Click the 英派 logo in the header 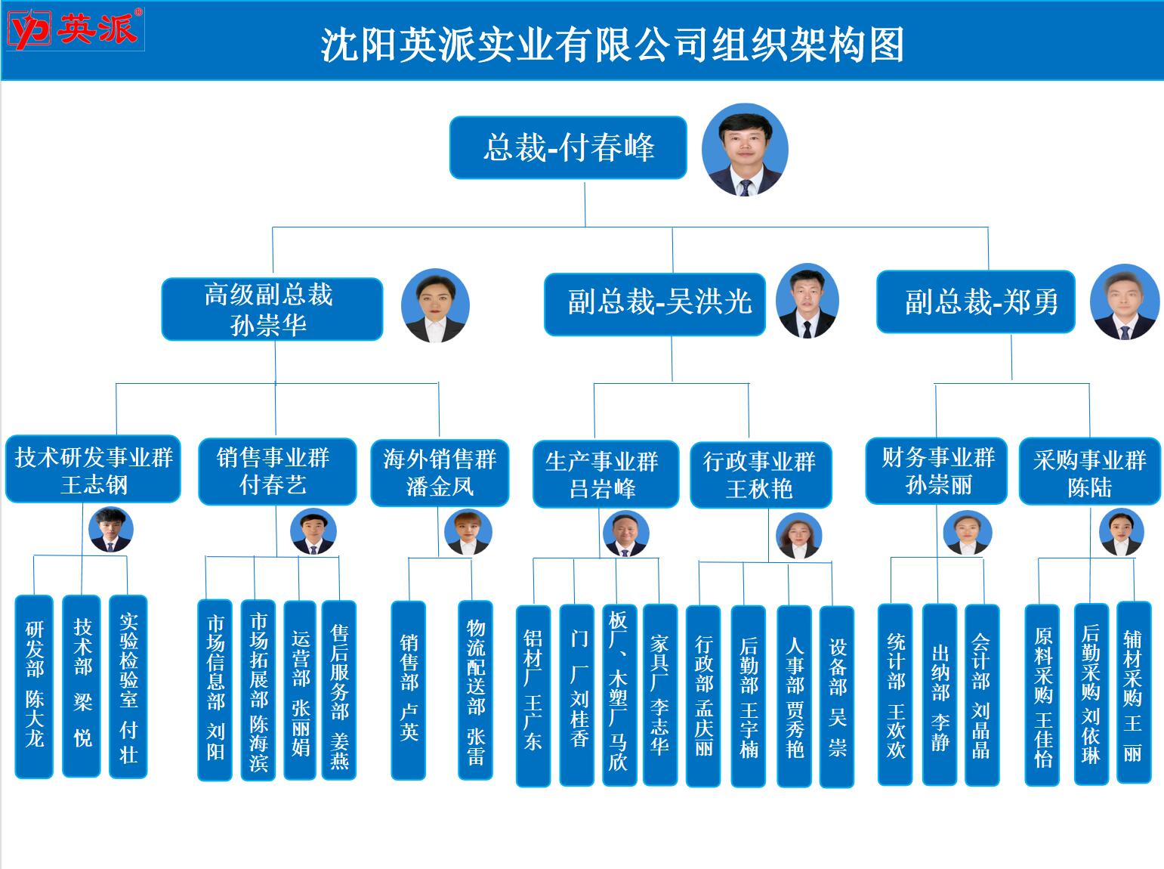pyautogui.click(x=74, y=29)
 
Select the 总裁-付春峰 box pyautogui.click(x=568, y=147)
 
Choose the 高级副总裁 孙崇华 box pyautogui.click(x=272, y=309)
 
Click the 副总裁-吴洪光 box pyautogui.click(x=655, y=302)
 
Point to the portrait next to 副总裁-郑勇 pyautogui.click(x=1124, y=302)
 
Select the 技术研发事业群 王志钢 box pyautogui.click(x=93, y=469)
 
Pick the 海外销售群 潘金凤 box pyautogui.click(x=440, y=472)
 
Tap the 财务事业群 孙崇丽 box pyautogui.click(x=936, y=470)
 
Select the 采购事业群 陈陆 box pyautogui.click(x=1089, y=472)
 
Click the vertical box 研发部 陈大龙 pyautogui.click(x=34, y=686)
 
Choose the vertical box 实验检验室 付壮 pyautogui.click(x=128, y=686)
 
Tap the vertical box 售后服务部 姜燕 pyautogui.click(x=338, y=690)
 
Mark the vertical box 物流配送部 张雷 pyautogui.click(x=475, y=690)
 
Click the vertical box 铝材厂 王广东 pyautogui.click(x=533, y=695)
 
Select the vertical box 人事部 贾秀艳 pyautogui.click(x=794, y=696)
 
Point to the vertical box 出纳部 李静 pyautogui.click(x=939, y=694)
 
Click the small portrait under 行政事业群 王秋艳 pyautogui.click(x=798, y=535)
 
